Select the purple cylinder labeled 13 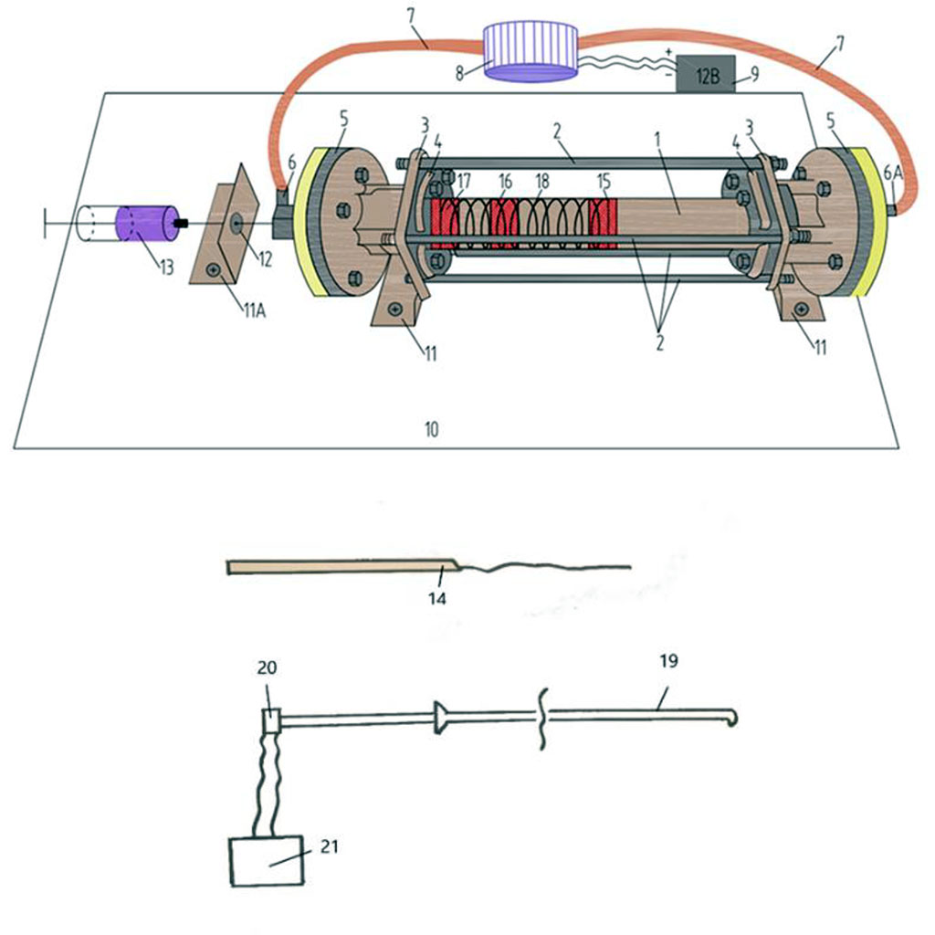pyautogui.click(x=143, y=224)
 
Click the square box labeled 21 pyautogui.click(x=268, y=860)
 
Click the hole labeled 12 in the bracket pyautogui.click(x=236, y=221)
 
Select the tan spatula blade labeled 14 pyautogui.click(x=338, y=568)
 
